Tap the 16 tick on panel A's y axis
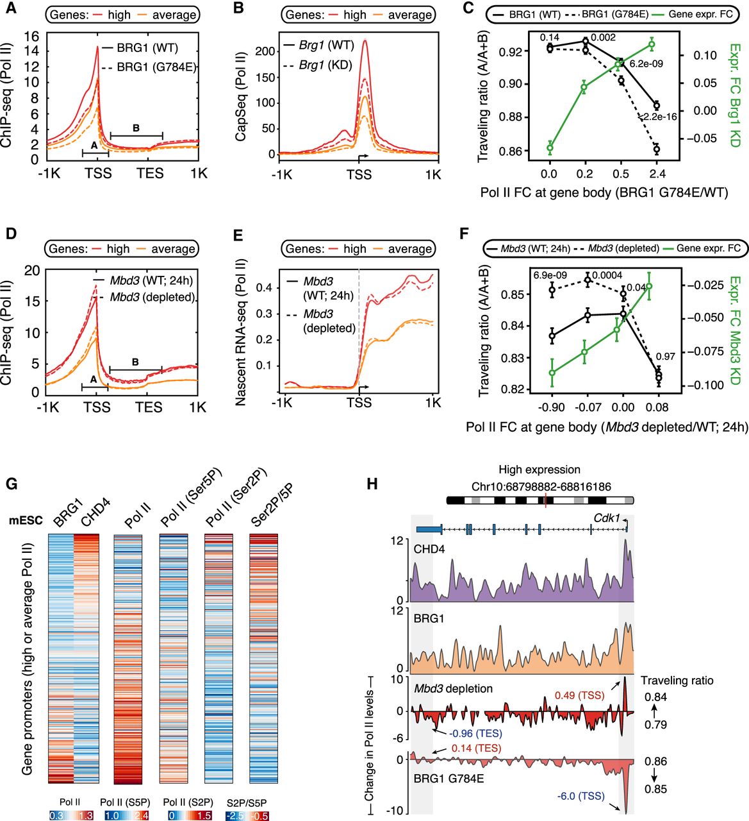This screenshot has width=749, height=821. tap(31, 36)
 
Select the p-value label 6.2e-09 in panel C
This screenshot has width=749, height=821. tap(646, 64)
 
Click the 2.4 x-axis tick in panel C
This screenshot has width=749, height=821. tap(657, 173)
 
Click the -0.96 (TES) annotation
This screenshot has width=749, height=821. tap(475, 734)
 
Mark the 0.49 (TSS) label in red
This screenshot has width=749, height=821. tap(578, 695)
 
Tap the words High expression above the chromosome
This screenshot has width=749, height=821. tap(539, 470)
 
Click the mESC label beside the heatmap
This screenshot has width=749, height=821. tap(25, 520)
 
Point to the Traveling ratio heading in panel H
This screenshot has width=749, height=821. tap(677, 681)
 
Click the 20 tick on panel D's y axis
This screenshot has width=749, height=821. tap(31, 270)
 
